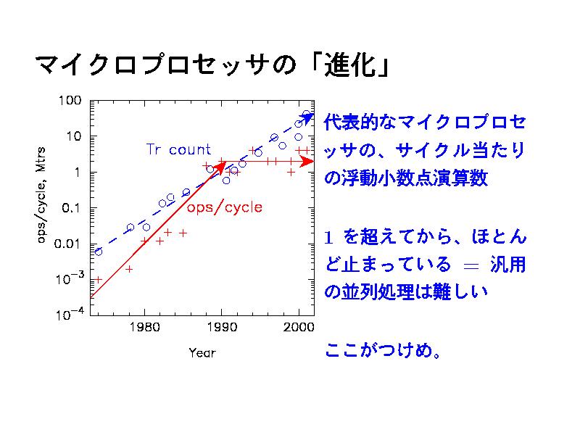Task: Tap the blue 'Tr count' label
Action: coord(178,150)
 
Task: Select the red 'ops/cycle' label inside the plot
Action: coord(225,207)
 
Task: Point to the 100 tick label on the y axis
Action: coord(70,101)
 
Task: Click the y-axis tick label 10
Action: coord(73,136)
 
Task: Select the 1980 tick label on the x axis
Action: coord(145,330)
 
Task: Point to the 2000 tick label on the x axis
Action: coord(298,330)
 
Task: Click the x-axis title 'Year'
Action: coord(202,353)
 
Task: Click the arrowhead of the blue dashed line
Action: coord(309,117)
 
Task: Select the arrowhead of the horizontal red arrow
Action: coord(308,162)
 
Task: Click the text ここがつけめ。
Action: coord(381,351)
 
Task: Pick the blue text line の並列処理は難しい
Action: coord(405,292)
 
